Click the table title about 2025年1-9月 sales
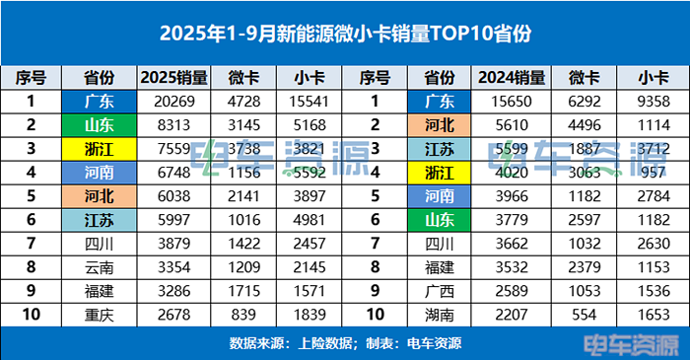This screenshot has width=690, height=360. click(x=345, y=34)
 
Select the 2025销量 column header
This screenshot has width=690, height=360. click(x=173, y=77)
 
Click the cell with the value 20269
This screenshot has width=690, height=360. click(x=173, y=101)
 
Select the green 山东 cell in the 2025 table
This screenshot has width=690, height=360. click(x=98, y=124)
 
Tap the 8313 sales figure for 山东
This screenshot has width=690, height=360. click(x=173, y=124)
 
